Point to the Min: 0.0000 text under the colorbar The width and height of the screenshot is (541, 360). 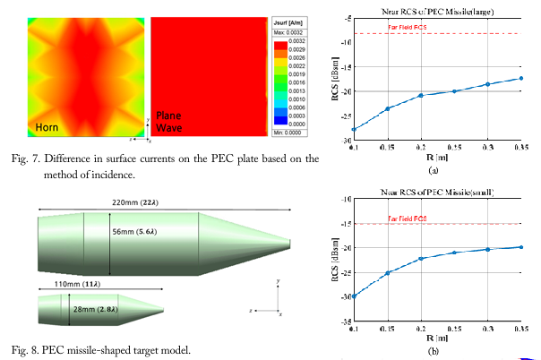(284, 132)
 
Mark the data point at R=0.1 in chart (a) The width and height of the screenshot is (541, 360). (354, 130)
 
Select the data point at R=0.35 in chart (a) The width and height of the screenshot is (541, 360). (520, 78)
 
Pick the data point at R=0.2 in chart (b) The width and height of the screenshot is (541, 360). (420, 259)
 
